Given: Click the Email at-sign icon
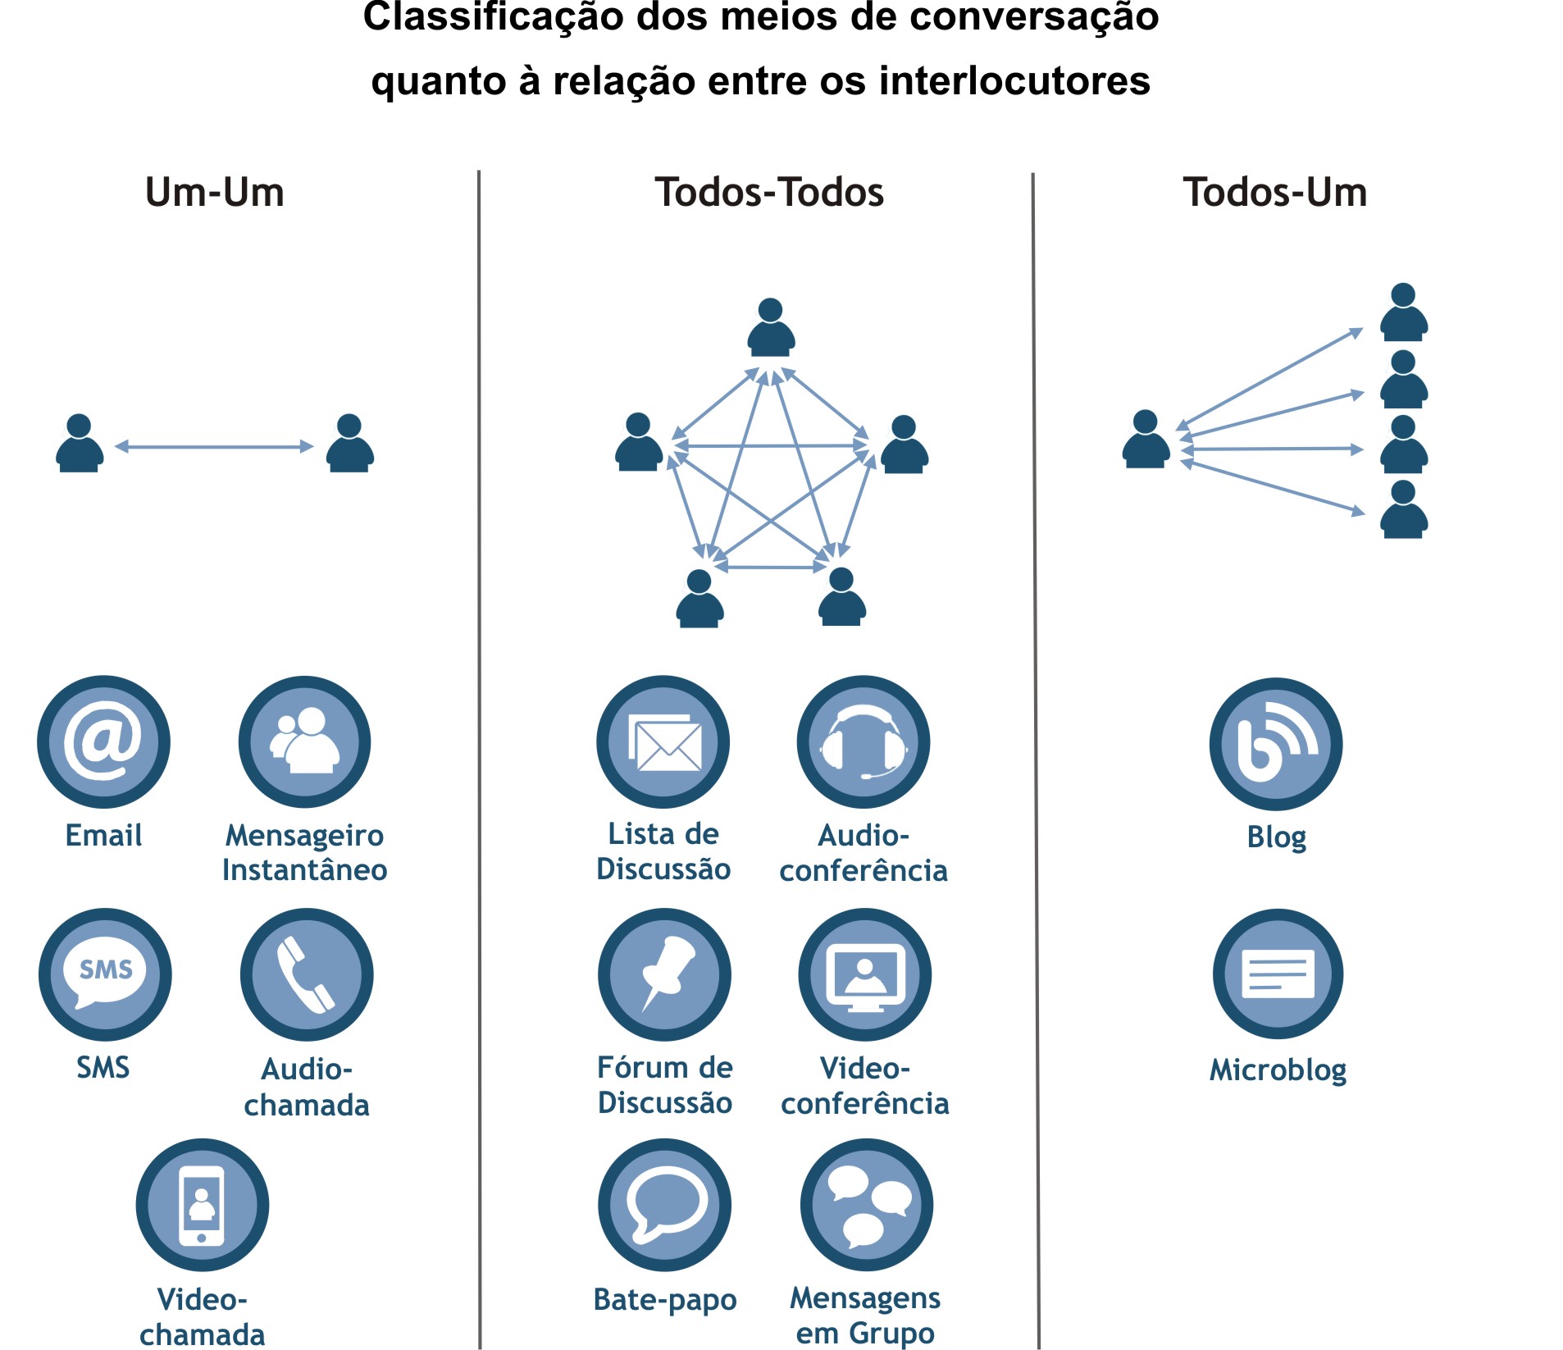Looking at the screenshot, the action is [103, 741].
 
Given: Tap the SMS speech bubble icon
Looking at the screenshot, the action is [105, 974].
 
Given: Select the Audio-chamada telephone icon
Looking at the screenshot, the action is [307, 974].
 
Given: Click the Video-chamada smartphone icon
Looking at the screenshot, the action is [203, 1205].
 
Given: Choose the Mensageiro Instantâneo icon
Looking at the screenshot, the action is [305, 741].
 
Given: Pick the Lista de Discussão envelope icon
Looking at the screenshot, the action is [663, 741].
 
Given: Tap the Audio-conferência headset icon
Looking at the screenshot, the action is [864, 741].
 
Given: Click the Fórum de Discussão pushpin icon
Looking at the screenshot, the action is [665, 974].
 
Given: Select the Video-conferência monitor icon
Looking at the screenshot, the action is [865, 974].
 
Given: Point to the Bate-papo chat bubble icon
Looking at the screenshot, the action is [665, 1205].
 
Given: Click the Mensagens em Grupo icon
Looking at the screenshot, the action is [867, 1205].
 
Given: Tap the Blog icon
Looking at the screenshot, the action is [1276, 744].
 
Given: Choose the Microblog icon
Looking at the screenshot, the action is [1278, 974].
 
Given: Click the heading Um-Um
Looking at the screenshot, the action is [215, 193].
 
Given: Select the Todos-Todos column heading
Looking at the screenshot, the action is [769, 193].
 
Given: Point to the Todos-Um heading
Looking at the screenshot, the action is [1275, 193].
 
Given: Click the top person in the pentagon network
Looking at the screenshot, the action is [771, 327].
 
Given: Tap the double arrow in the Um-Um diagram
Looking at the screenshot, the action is [214, 446].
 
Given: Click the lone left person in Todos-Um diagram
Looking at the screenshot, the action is [1146, 439].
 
